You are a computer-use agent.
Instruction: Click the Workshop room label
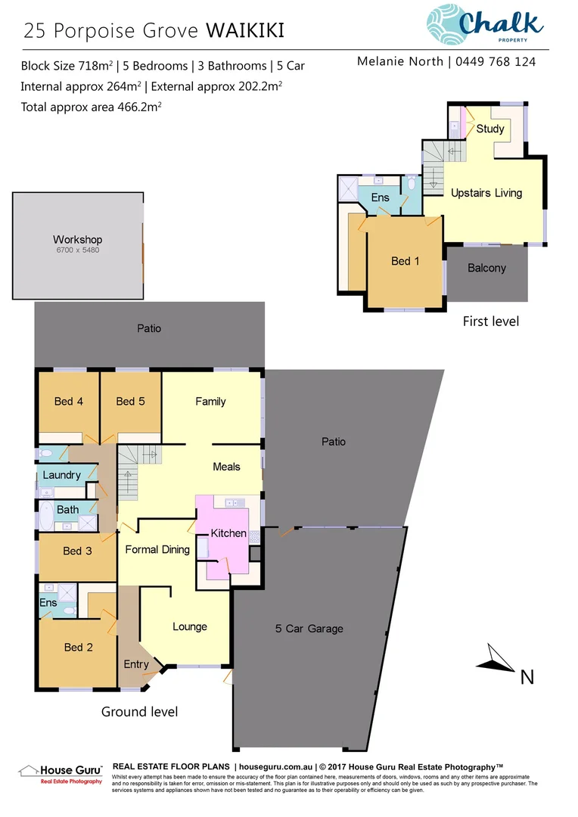[77, 240]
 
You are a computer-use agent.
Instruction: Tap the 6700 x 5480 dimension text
[77, 250]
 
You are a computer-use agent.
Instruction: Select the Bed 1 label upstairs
[406, 261]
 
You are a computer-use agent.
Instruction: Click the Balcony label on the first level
[486, 268]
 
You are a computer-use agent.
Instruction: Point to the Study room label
[490, 129]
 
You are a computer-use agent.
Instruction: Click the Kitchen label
[228, 533]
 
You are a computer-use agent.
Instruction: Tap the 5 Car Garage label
[309, 629]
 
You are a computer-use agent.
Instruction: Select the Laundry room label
[61, 475]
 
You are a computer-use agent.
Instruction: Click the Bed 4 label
[69, 401]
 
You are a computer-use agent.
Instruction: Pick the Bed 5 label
[130, 401]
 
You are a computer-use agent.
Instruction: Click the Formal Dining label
[157, 549]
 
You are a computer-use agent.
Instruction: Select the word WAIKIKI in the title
[245, 31]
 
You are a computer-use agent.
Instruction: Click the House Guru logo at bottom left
[59, 772]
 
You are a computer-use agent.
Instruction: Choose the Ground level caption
[140, 712]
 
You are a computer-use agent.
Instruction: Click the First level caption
[491, 322]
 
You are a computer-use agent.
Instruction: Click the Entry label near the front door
[136, 664]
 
